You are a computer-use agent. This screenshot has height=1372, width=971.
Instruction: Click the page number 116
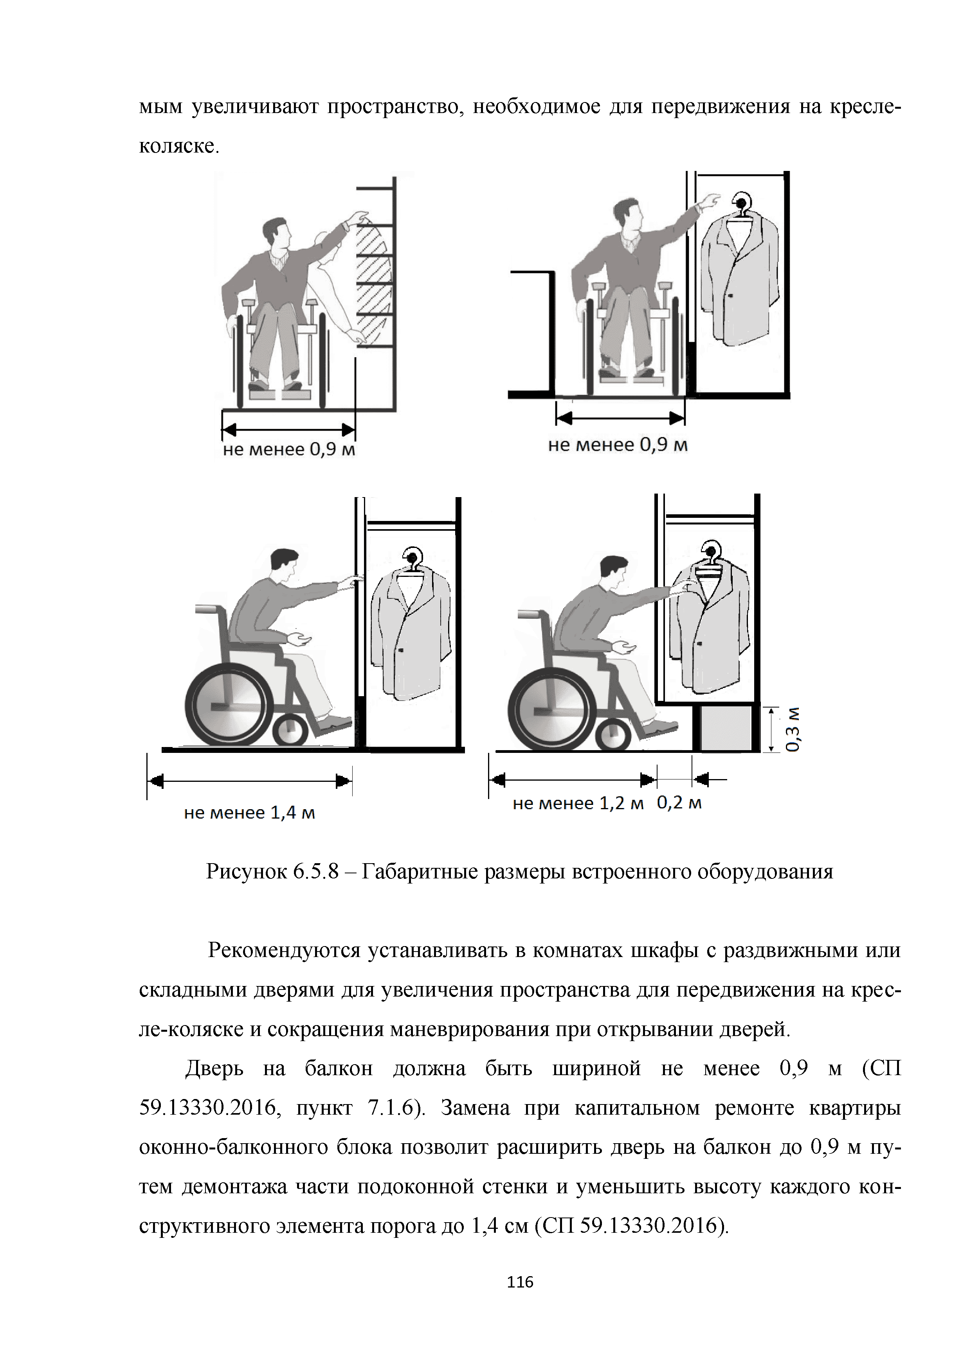520,1281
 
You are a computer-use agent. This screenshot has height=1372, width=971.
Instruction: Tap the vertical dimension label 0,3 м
793,729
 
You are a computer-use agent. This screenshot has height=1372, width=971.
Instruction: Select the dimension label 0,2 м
679,803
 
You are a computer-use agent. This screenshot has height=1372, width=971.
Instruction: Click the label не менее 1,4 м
249,813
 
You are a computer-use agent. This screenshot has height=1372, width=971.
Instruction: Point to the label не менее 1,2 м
578,804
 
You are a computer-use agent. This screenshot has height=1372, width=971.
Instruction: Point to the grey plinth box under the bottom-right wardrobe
726,728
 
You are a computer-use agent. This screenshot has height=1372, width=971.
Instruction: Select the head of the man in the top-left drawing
277,233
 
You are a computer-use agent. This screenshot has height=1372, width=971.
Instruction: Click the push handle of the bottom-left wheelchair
205,609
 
